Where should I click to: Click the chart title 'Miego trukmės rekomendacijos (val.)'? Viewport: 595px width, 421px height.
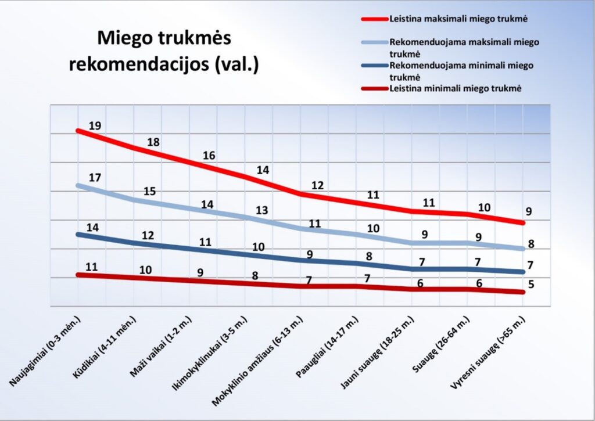point(164,51)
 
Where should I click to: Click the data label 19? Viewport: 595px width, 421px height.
point(95,125)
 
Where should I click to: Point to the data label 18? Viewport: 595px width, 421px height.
point(153,142)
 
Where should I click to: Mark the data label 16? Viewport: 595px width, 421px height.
point(209,156)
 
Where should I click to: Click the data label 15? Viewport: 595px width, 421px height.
point(149,190)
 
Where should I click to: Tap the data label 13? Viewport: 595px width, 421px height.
point(261,210)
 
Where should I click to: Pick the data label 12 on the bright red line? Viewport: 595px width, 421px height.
point(317,185)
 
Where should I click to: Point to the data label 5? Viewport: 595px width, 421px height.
point(531,285)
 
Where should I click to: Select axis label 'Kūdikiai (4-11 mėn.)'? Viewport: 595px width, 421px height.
point(105,348)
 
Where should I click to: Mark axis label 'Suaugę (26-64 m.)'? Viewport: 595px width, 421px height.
point(442,345)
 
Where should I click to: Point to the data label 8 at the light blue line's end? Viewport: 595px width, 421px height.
point(531,244)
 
